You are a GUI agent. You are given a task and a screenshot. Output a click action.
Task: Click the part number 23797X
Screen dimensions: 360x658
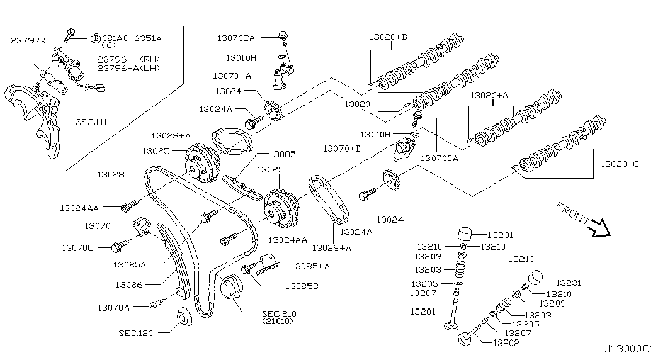tap(28, 40)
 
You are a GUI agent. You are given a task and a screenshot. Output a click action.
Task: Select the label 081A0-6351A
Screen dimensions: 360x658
tap(131, 38)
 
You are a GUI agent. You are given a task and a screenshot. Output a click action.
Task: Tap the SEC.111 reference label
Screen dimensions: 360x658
tap(91, 121)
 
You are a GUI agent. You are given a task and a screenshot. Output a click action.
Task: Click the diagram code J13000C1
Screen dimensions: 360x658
tap(629, 348)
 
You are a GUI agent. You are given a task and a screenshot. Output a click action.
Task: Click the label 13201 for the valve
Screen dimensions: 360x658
tap(424, 312)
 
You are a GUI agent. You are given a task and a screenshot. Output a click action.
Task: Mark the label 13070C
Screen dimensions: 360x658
tap(77, 248)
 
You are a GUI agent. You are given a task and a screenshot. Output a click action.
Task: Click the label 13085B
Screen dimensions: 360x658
tap(302, 286)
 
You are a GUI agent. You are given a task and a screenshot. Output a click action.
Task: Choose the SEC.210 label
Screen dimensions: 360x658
tap(278, 313)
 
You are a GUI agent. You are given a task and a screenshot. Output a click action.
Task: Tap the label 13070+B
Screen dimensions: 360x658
tap(342, 149)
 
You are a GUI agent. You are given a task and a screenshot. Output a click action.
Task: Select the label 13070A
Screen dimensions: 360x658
tap(114, 308)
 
